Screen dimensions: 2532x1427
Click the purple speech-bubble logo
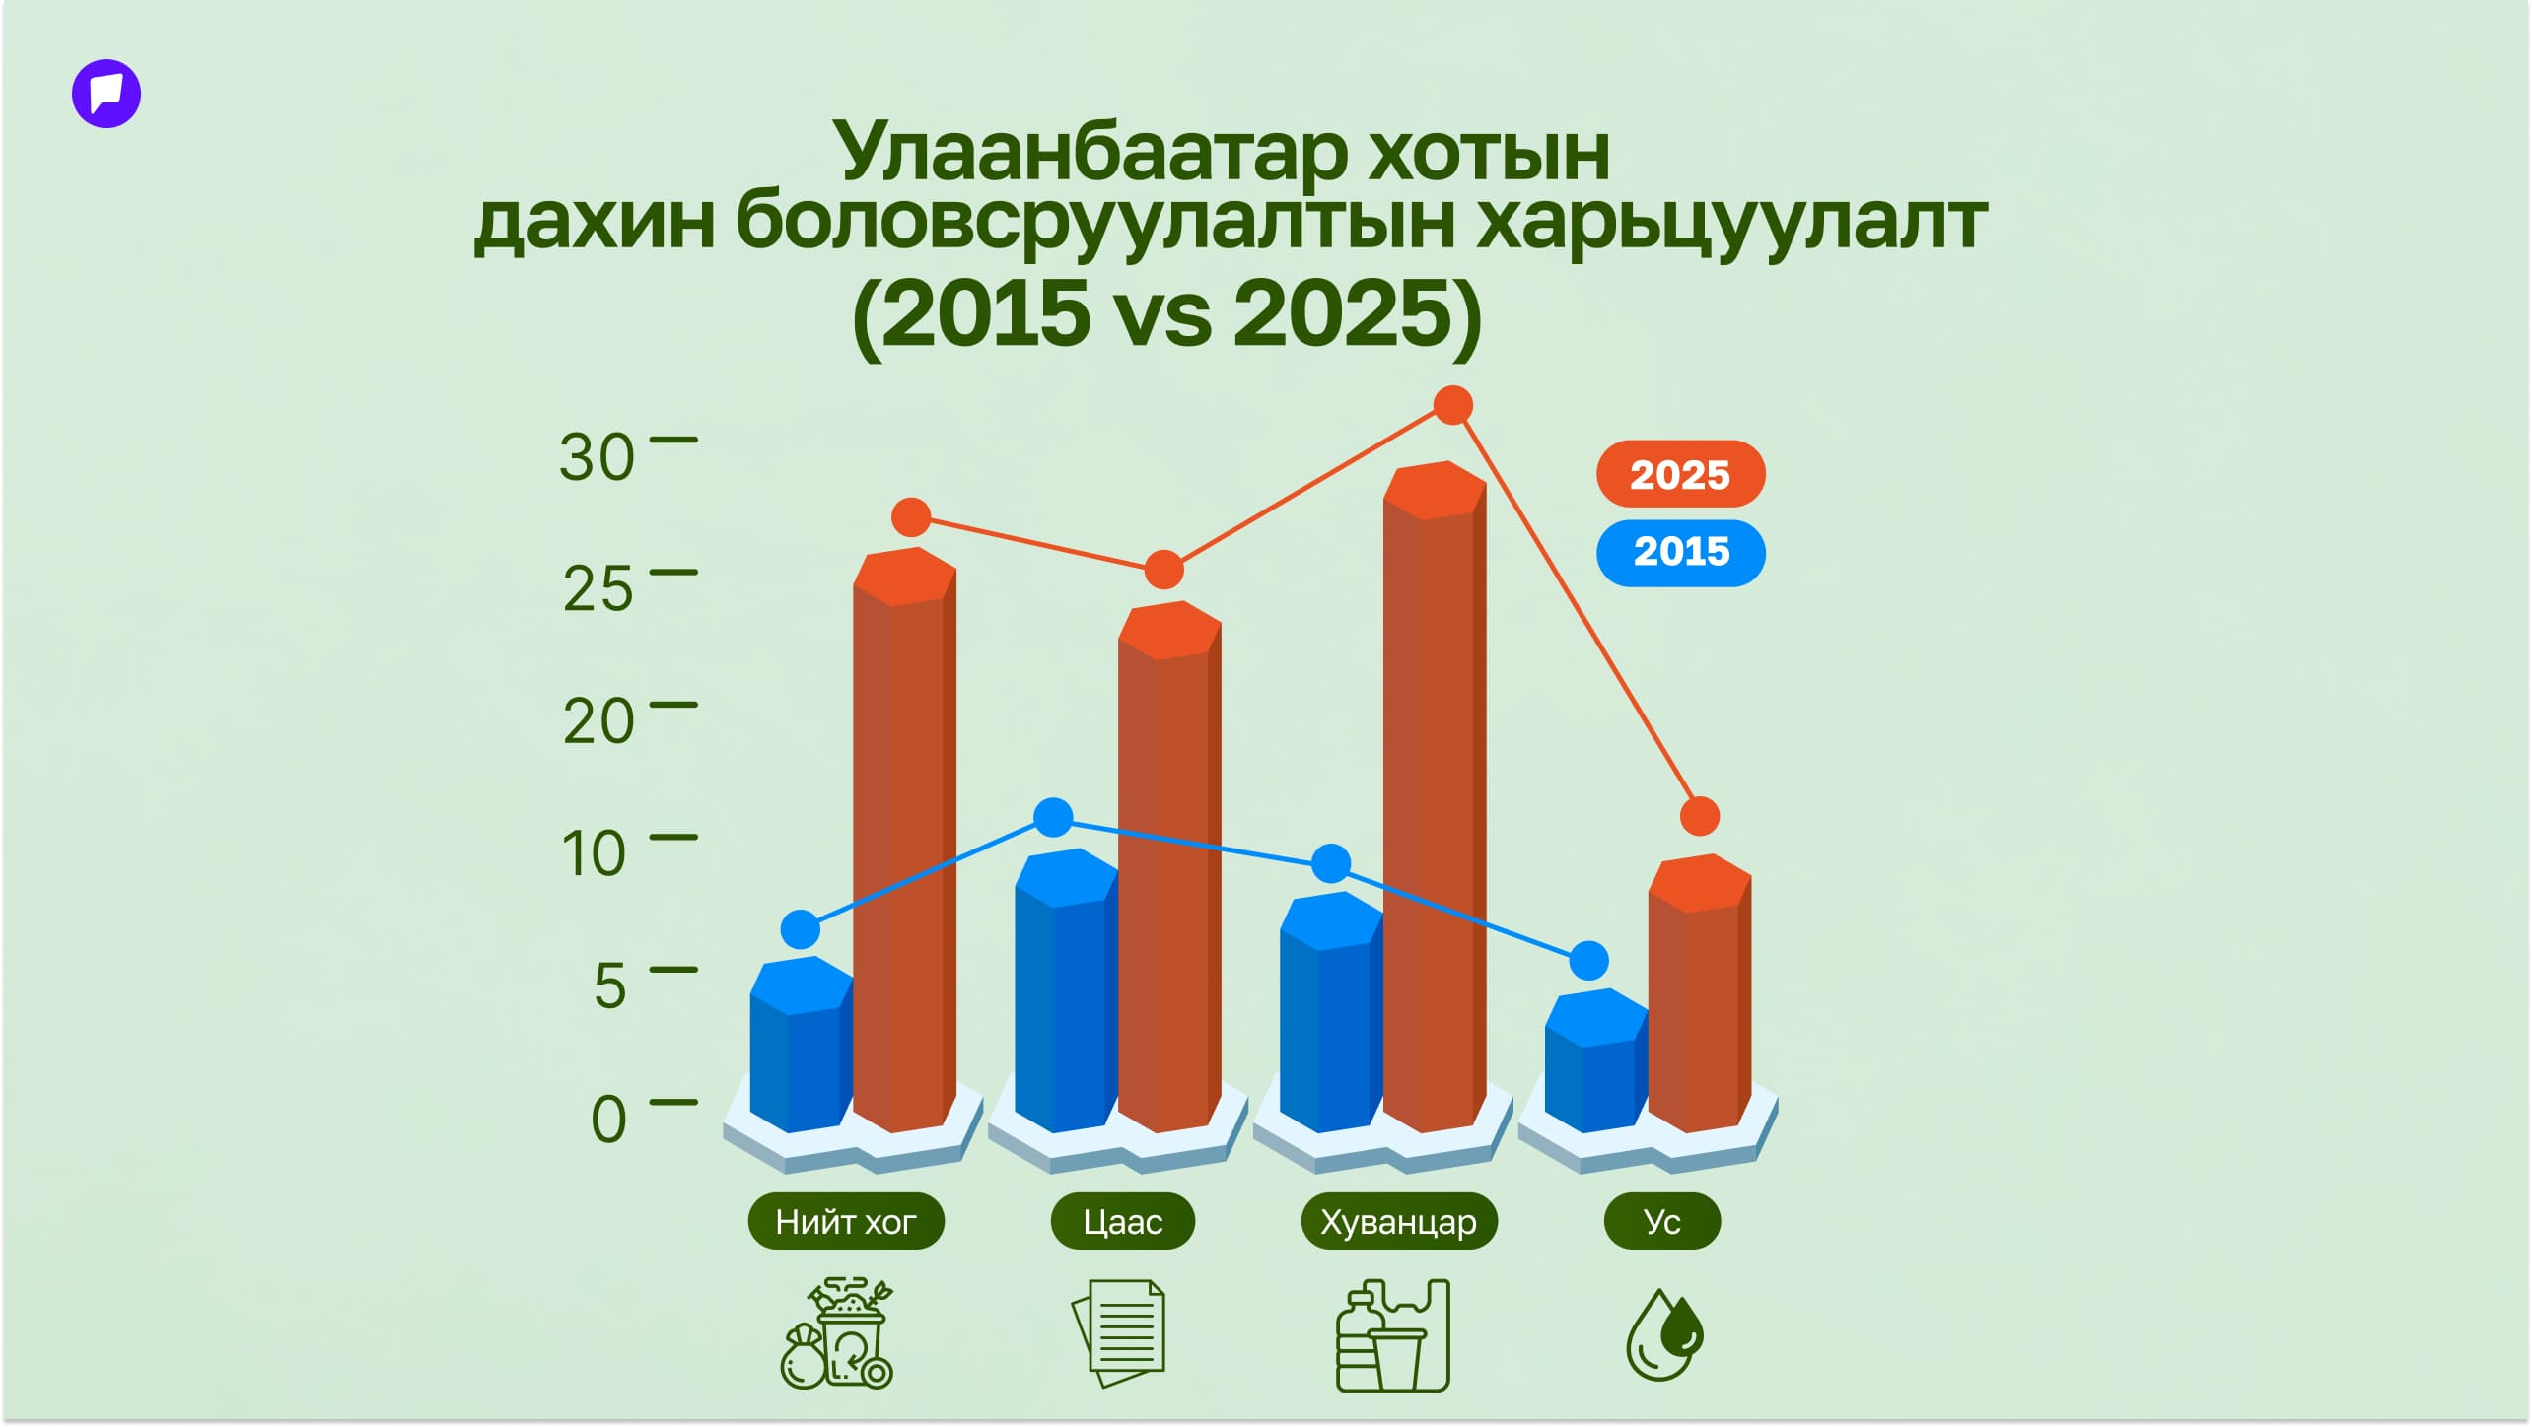click(x=106, y=94)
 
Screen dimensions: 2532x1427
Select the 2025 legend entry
click(x=1680, y=474)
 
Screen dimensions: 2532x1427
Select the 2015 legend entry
click(x=1680, y=552)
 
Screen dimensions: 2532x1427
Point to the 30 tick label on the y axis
click(x=597, y=457)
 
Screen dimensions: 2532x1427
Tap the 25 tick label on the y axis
click(x=598, y=589)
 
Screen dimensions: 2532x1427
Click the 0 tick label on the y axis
click(x=608, y=1119)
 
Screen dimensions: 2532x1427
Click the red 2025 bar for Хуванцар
click(x=1435, y=796)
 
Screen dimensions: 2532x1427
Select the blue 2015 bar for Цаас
click(x=1066, y=989)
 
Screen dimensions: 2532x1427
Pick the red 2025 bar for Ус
click(x=1699, y=992)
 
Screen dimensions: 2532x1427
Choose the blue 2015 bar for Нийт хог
click(x=801, y=1044)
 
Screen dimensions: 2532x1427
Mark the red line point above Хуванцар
click(x=1453, y=405)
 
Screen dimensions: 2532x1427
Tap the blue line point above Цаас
click(x=1053, y=817)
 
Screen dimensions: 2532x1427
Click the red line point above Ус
click(x=1700, y=816)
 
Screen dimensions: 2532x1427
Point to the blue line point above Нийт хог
click(x=801, y=929)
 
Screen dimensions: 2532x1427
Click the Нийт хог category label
click(x=846, y=1222)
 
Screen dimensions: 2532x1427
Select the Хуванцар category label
click(x=1399, y=1222)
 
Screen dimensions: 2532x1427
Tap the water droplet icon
click(x=1664, y=1335)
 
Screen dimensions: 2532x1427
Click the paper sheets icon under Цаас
click(x=1118, y=1333)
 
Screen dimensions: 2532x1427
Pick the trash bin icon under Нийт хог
click(x=837, y=1333)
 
